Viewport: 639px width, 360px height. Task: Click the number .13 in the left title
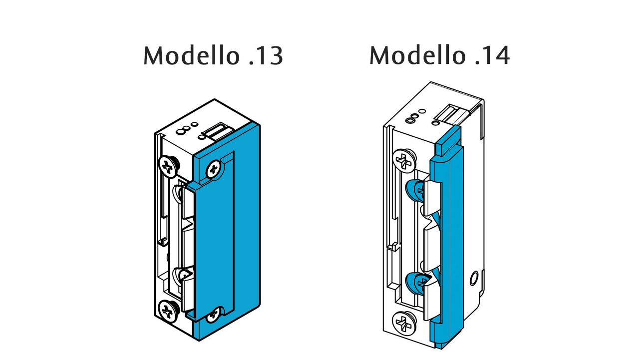tap(266, 56)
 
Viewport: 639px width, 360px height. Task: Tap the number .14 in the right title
tap(492, 55)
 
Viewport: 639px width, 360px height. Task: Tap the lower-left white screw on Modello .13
tap(168, 310)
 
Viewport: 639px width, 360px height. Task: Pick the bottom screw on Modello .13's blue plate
tap(215, 313)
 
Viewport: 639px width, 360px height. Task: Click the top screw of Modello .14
tap(404, 161)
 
